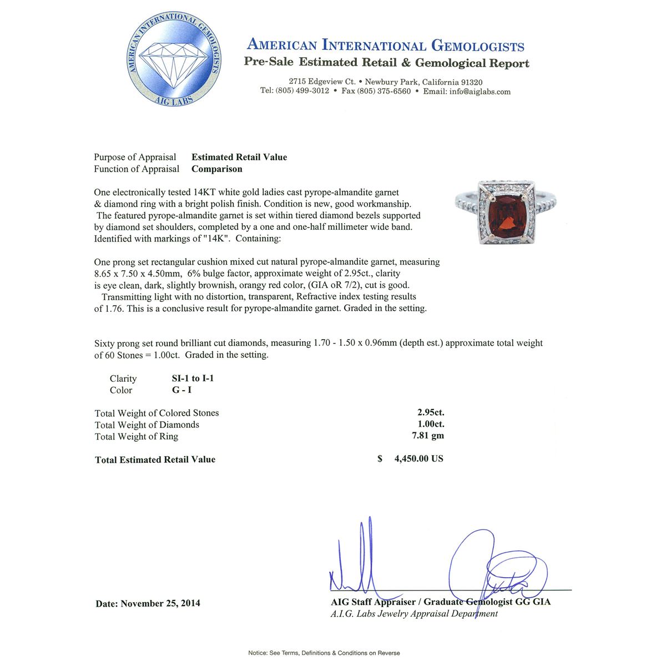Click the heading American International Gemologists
click(x=385, y=46)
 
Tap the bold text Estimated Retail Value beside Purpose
click(x=239, y=157)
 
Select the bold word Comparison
click(x=217, y=169)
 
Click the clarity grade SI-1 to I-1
click(x=193, y=379)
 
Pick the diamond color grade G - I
click(x=181, y=390)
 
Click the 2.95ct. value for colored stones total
click(x=431, y=412)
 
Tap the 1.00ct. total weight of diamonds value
click(x=431, y=425)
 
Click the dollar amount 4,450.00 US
click(x=418, y=459)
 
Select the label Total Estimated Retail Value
click(x=155, y=460)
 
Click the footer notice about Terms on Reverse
click(x=324, y=653)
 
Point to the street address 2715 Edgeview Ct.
click(x=322, y=82)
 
